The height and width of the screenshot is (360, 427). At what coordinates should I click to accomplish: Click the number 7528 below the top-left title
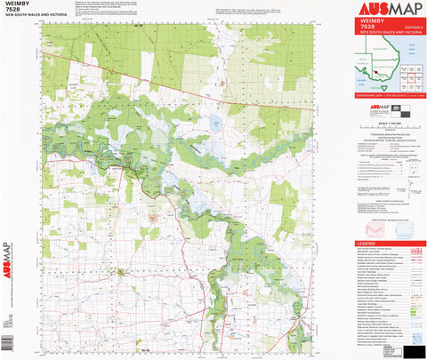[12, 13]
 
